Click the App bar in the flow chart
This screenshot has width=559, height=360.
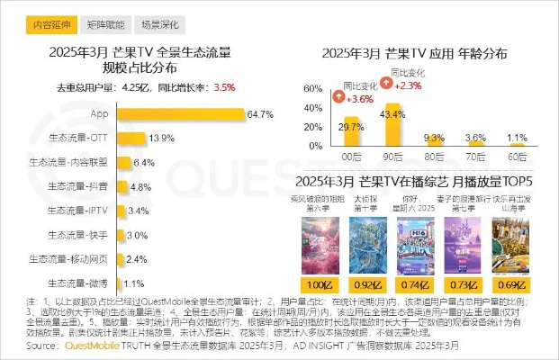[180, 115]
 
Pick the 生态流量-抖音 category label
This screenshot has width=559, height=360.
[80, 186]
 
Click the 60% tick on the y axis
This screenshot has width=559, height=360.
[309, 89]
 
